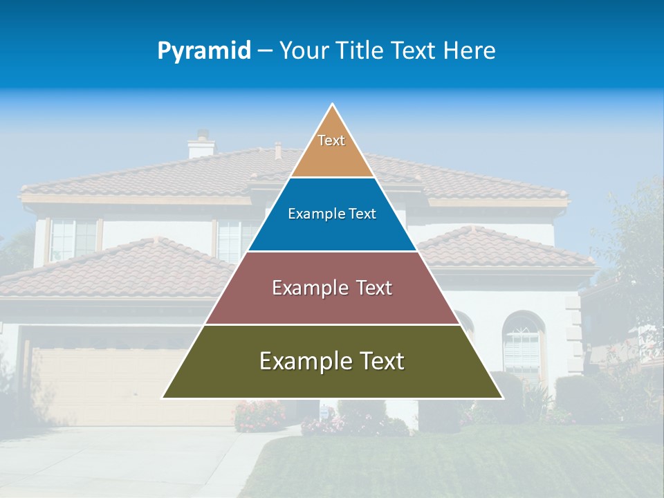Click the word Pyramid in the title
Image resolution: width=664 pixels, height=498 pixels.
tap(204, 51)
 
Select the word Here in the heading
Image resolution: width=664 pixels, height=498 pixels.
tap(470, 51)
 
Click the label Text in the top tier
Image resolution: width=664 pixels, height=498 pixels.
tap(331, 140)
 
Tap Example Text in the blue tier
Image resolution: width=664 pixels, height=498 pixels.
tap(332, 214)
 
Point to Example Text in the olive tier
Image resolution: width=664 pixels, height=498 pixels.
tap(332, 361)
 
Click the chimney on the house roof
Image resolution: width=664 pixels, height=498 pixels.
tap(202, 145)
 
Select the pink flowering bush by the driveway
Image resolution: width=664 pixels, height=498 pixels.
tap(259, 415)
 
